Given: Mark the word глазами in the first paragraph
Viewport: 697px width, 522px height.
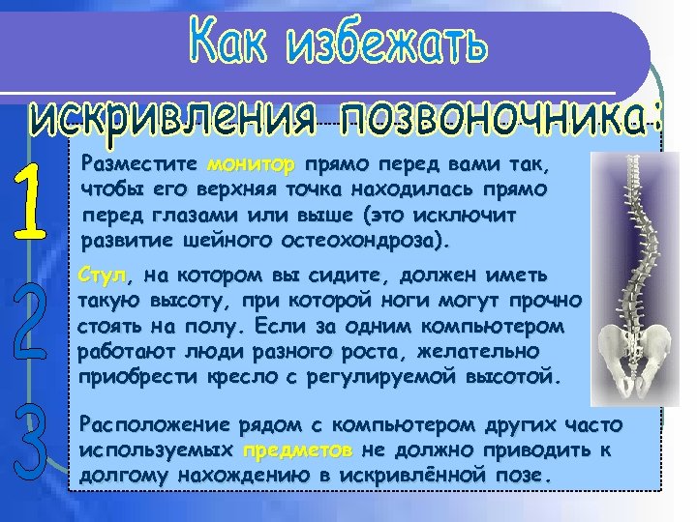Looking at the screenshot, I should pyautogui.click(x=208, y=211).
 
